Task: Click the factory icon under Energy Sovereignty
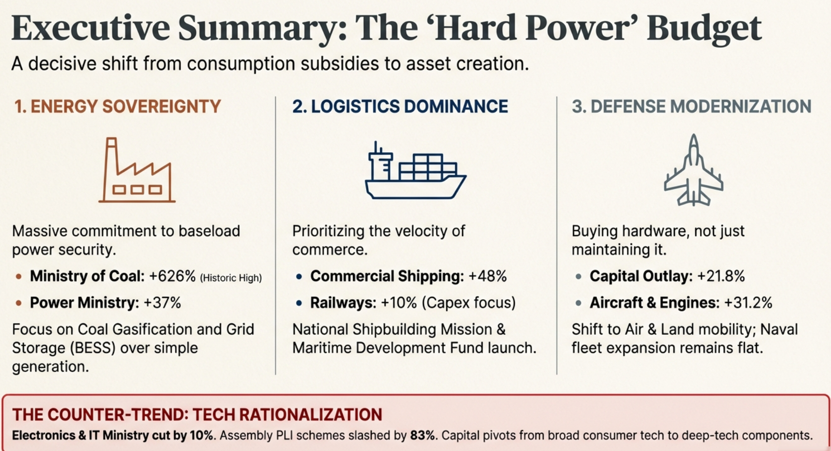pos(137,171)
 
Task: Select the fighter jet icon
pos(693,171)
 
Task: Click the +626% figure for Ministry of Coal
pos(172,276)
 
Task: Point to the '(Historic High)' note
pos(231,278)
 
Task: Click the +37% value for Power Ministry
pos(162,303)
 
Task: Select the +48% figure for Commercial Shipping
pos(487,276)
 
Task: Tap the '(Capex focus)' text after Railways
pos(469,303)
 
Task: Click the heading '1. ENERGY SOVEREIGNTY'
pos(118,106)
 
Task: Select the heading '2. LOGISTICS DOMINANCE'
pos(400,106)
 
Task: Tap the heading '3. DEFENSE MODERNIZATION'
pos(691,106)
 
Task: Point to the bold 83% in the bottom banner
pos(422,436)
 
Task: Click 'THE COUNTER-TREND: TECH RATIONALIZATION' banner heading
pos(197,415)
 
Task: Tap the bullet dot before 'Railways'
pos(299,303)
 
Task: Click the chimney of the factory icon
pos(111,154)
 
